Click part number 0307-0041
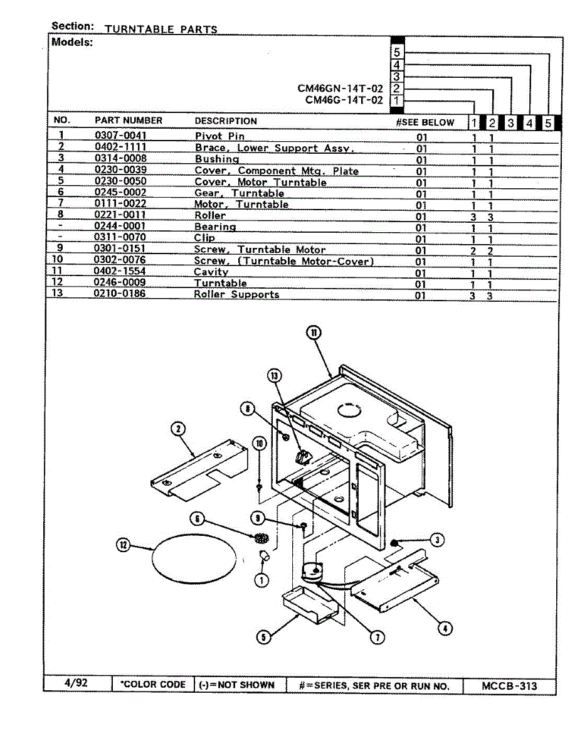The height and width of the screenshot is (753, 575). click(120, 135)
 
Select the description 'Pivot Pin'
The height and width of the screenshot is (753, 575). click(219, 136)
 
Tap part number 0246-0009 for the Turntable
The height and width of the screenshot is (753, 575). click(120, 282)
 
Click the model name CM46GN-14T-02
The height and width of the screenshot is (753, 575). click(340, 88)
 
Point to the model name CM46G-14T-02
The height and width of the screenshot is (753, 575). click(344, 100)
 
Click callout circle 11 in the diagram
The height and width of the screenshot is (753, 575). click(314, 333)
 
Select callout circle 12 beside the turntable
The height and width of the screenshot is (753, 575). click(124, 545)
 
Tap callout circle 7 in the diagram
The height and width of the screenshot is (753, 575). click(377, 638)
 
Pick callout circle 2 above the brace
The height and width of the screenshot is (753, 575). click(178, 429)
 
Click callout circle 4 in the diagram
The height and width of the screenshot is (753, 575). click(445, 629)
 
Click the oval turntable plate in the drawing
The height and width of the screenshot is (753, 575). click(194, 558)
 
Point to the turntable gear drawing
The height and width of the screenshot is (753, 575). click(261, 538)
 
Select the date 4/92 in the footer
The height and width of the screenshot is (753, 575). click(76, 682)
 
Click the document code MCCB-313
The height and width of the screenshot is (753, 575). click(509, 686)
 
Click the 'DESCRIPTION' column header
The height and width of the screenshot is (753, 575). click(226, 121)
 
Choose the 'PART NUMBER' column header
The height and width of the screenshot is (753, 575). click(129, 120)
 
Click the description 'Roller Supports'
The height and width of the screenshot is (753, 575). click(236, 294)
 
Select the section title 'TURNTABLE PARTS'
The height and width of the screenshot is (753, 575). click(161, 29)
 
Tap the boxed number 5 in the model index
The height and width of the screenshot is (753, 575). click(397, 52)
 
